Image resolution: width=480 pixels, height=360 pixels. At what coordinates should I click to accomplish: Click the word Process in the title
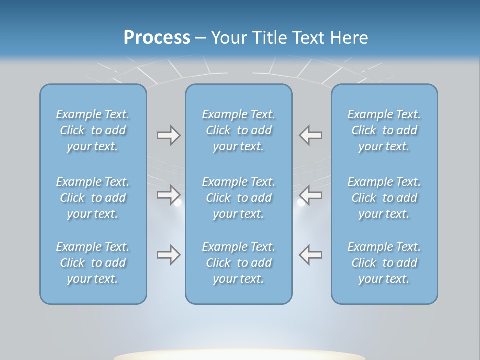coord(157,38)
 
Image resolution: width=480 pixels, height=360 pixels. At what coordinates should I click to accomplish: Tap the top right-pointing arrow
coord(168,135)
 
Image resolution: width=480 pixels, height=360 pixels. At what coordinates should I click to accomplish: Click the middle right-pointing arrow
coord(168,194)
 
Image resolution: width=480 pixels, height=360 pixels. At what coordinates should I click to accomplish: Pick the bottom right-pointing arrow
coord(168,255)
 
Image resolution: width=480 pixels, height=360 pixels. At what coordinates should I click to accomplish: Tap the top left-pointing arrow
coord(311,135)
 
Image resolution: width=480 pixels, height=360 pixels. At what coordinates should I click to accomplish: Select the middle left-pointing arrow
coord(311,194)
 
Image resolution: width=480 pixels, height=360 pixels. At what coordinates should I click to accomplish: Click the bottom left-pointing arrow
coord(311,255)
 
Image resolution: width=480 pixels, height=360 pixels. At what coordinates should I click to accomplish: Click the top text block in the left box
coord(93,130)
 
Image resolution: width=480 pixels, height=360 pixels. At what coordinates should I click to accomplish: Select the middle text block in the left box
coord(93,198)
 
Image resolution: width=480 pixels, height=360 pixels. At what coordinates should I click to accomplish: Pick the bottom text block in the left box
coord(93,263)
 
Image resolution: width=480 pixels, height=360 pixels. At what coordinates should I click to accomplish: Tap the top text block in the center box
coord(239,130)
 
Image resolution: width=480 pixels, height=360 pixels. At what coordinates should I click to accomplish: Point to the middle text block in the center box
coord(239,198)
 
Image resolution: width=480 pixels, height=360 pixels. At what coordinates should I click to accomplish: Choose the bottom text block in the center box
coord(239,263)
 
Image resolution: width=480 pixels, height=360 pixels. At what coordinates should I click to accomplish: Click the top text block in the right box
coord(384,130)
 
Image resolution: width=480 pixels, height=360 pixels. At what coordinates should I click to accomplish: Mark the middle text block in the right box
coord(384,198)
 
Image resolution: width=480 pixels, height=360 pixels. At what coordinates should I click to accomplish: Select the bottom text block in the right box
coord(384,263)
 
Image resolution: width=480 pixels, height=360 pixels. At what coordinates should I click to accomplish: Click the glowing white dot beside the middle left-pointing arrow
coord(301,203)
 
